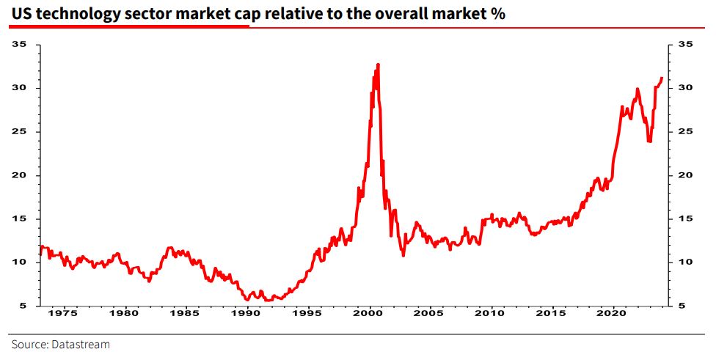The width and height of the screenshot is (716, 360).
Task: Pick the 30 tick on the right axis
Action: pos(685,88)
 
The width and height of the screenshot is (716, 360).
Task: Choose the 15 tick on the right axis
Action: pos(685,218)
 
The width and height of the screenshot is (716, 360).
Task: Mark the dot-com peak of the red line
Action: pos(378,65)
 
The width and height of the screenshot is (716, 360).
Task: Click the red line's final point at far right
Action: pos(662,78)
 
